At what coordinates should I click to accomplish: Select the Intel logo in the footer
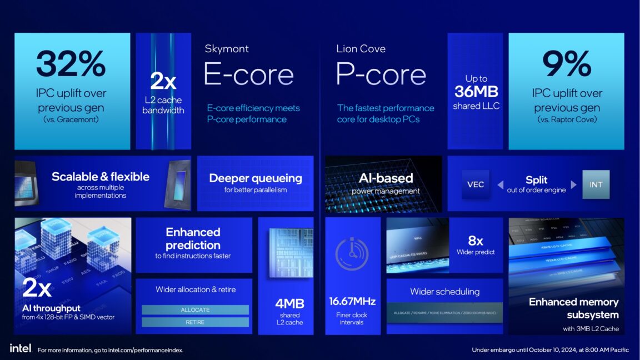pyautogui.click(x=21, y=348)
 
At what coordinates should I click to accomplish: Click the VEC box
pyautogui.click(x=476, y=184)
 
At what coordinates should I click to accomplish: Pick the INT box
pyautogui.click(x=596, y=184)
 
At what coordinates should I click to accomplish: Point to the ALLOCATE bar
pyautogui.click(x=195, y=309)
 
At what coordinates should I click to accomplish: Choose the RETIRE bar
pyautogui.click(x=195, y=322)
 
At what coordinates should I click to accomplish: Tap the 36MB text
pyautogui.click(x=476, y=92)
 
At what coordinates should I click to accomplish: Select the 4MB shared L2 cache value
pyautogui.click(x=289, y=303)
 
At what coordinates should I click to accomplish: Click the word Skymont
pyautogui.click(x=227, y=49)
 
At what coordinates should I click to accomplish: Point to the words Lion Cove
pyautogui.click(x=361, y=49)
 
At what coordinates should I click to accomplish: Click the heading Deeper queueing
pyautogui.click(x=256, y=178)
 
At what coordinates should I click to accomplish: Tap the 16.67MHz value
pyautogui.click(x=352, y=302)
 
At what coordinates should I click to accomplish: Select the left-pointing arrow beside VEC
pyautogui.click(x=500, y=184)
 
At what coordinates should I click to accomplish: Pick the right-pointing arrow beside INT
pyautogui.click(x=573, y=184)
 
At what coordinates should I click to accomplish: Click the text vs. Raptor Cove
pyautogui.click(x=566, y=119)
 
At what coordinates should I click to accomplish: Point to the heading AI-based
pyautogui.click(x=386, y=178)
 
